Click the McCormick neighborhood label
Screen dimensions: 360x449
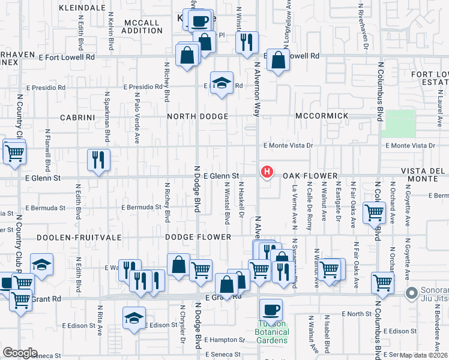point(322,115)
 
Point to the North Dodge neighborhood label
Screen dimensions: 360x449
point(197,116)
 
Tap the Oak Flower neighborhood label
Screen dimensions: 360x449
point(310,176)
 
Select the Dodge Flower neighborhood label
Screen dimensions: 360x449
point(199,237)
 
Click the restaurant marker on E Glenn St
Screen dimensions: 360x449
point(98,160)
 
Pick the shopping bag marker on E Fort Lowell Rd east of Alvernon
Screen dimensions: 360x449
point(278,61)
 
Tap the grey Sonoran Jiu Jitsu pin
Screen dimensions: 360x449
point(412,293)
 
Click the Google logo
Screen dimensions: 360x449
point(20,352)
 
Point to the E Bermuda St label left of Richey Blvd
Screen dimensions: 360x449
point(142,208)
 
